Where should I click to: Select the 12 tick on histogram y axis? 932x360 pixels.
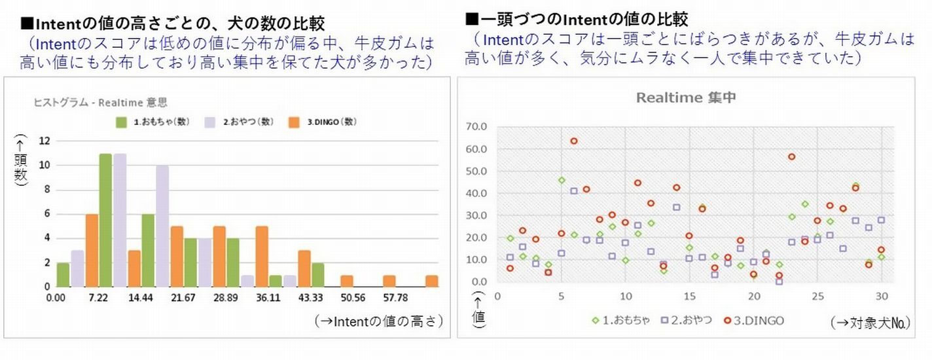click(45, 141)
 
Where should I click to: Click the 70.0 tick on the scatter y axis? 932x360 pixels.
click(475, 126)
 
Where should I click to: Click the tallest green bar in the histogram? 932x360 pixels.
click(105, 220)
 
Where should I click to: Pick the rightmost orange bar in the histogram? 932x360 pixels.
click(431, 281)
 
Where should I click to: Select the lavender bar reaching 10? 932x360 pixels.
click(162, 226)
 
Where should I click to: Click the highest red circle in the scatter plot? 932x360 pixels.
click(574, 141)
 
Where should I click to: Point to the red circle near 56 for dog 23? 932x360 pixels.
click(791, 156)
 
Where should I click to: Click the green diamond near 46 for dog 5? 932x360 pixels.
click(562, 180)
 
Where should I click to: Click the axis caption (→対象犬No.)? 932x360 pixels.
click(870, 322)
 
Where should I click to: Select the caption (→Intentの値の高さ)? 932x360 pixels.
click(379, 321)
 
